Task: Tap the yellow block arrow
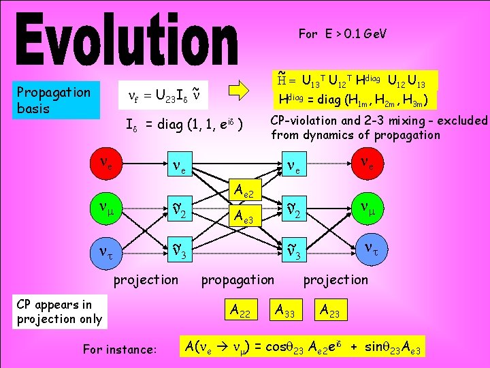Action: pyautogui.click(x=239, y=91)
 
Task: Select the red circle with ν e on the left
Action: pyautogui.click(x=107, y=163)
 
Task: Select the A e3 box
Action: pyautogui.click(x=243, y=217)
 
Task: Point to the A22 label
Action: pyautogui.click(x=240, y=311)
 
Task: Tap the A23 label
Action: pyautogui.click(x=331, y=311)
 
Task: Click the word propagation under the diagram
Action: pyautogui.click(x=238, y=279)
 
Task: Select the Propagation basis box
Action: pyautogui.click(x=54, y=100)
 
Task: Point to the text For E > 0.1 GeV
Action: pyautogui.click(x=342, y=33)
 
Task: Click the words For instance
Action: pyautogui.click(x=119, y=350)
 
